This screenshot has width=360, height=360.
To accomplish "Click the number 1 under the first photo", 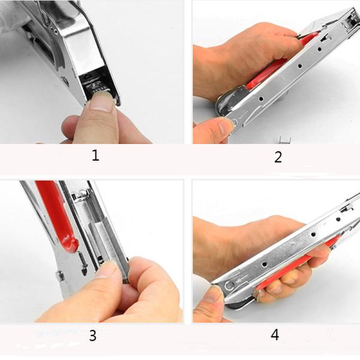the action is tap(95, 155).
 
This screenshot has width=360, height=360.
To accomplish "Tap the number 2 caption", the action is tap(278, 157).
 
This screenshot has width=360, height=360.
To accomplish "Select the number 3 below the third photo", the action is tap(92, 335).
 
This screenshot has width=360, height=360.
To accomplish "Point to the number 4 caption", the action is tap(275, 335).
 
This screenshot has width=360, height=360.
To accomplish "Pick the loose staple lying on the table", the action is tap(286, 140).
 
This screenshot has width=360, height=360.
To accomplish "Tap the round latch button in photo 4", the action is tap(229, 286).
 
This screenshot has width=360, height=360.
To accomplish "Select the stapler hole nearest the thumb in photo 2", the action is tap(261, 99).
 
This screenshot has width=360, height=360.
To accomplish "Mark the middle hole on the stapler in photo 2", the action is tap(300, 66).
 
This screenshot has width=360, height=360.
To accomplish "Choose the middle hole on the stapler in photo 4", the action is tap(313, 235).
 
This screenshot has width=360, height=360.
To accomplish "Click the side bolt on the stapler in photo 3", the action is tap(60, 275).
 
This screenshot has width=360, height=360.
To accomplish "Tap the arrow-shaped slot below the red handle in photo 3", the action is tap(83, 262).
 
